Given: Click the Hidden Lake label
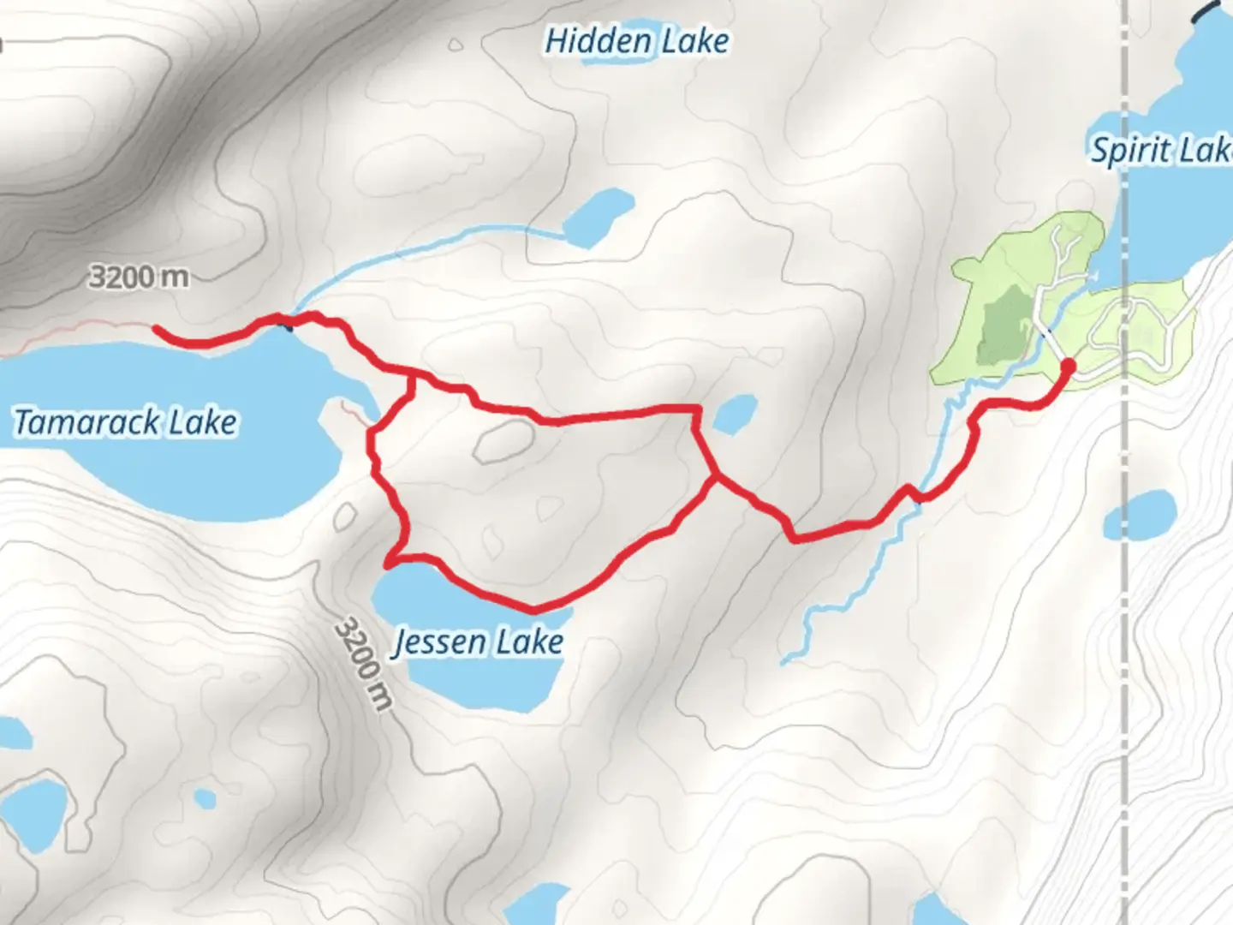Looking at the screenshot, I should [637, 41].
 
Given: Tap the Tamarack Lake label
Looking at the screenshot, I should [126, 422].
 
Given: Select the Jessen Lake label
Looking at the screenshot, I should [478, 642].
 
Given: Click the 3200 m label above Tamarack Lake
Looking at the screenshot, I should [140, 277].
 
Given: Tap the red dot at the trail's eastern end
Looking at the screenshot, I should [1068, 367].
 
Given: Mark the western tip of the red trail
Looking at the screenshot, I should [156, 327].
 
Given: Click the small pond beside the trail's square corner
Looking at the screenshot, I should [735, 415].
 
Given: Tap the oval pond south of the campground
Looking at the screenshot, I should [1139, 514].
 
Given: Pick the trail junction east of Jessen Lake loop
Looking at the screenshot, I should [715, 476].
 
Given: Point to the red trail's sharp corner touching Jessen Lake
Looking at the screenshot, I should [389, 564].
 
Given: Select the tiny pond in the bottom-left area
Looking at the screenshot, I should [205, 798].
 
